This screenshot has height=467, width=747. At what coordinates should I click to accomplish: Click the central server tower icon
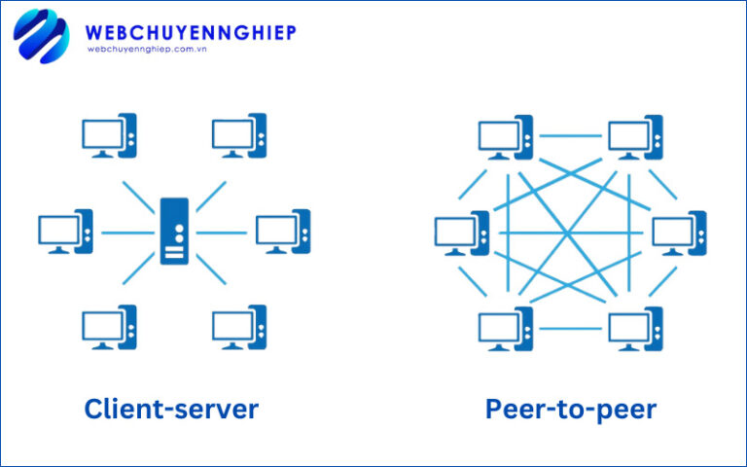pyautogui.click(x=174, y=231)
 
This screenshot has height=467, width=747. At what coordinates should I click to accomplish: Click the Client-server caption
pyautogui.click(x=171, y=409)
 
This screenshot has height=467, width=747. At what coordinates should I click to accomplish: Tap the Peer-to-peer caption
pyautogui.click(x=571, y=409)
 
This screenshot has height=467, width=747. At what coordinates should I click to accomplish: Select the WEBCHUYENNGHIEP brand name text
pyautogui.click(x=191, y=32)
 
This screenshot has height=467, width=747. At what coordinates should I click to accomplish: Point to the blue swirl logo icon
pyautogui.click(x=41, y=37)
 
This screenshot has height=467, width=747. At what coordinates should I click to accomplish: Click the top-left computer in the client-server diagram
pyautogui.click(x=109, y=135)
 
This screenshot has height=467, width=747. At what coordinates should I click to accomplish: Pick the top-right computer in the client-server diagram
pyautogui.click(x=239, y=135)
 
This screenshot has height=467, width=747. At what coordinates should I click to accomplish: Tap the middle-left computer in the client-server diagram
pyautogui.click(x=65, y=232)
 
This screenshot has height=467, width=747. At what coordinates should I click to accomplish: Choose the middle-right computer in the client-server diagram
pyautogui.click(x=283, y=232)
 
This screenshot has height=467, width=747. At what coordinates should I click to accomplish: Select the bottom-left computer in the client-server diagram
pyautogui.click(x=109, y=327)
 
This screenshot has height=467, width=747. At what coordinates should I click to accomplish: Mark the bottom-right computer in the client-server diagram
pyautogui.click(x=239, y=327)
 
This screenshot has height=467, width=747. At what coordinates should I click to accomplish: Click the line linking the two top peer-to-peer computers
pyautogui.click(x=571, y=137)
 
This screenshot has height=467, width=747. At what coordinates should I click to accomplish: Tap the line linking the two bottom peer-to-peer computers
pyautogui.click(x=571, y=328)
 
